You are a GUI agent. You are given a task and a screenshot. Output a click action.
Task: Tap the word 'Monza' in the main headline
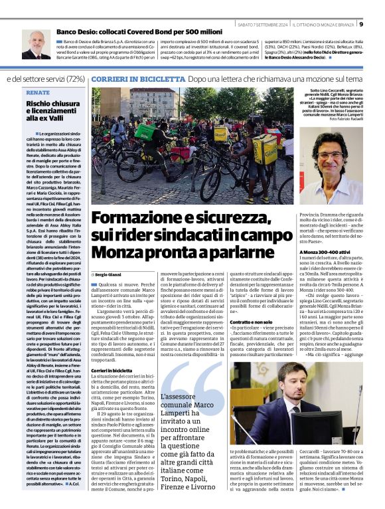[x=115, y=253]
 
